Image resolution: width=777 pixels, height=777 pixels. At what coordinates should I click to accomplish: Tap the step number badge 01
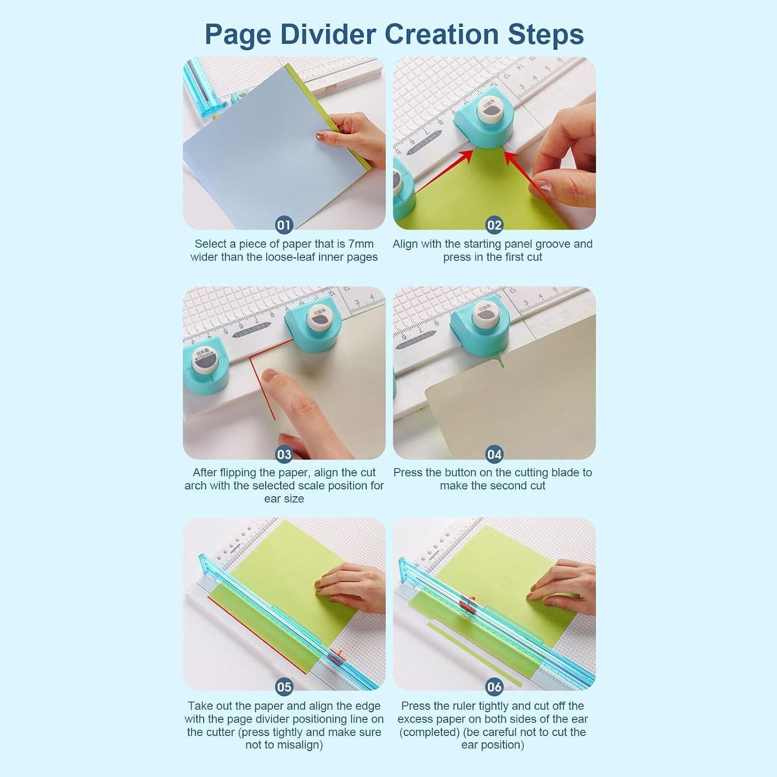284,225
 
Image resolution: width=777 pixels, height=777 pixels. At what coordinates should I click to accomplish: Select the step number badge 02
494,225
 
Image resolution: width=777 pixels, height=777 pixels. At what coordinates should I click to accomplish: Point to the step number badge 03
284,454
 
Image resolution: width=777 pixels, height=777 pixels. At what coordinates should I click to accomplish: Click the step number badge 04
494,454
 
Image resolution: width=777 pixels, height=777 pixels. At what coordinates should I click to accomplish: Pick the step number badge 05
284,687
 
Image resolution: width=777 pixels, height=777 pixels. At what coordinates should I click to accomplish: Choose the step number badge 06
494,687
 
